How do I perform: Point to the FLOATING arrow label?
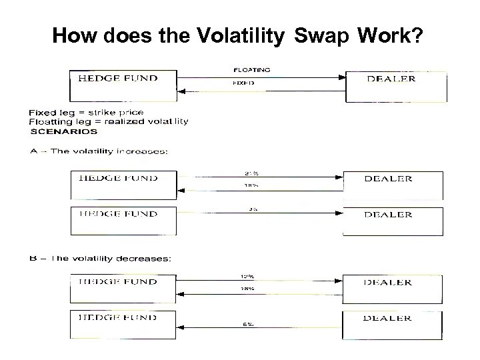tap(252, 69)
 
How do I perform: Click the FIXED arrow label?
tap(243, 85)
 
